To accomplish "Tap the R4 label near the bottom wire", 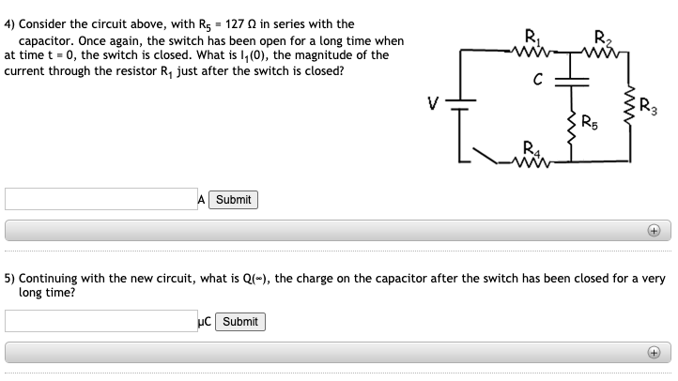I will (532, 145).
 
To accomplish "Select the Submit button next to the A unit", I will (233, 199).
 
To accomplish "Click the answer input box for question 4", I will (100, 199).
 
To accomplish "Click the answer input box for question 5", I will (100, 321).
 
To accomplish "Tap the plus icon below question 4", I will (654, 230).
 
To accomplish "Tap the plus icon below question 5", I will (654, 353).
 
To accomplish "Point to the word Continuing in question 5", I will (48, 279).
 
